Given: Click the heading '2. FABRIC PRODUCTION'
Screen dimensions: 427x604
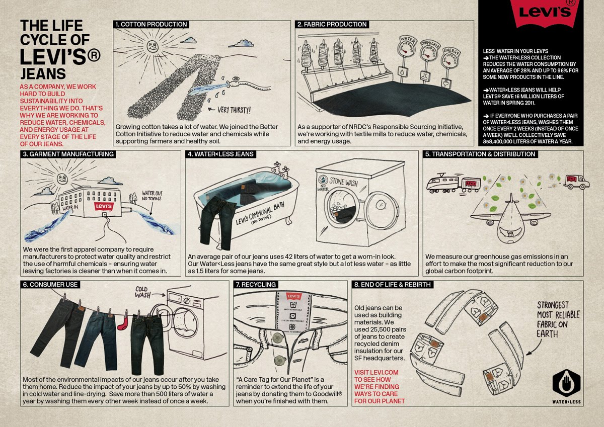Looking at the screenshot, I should pyautogui.click(x=332, y=24).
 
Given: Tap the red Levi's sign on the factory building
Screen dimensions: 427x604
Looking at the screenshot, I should pyautogui.click(x=104, y=206).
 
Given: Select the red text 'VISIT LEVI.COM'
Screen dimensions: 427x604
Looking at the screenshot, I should pyautogui.click(x=376, y=372).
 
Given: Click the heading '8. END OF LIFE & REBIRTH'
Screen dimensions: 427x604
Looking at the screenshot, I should pyautogui.click(x=392, y=285).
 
